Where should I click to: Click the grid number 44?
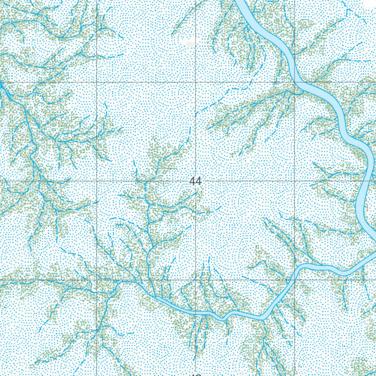coord(196,181)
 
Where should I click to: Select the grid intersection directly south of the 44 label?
coord(196,280)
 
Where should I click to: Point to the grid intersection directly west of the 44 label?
coord(97,181)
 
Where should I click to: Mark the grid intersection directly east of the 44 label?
coord(294,181)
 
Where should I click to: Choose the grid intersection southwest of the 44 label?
coord(97,280)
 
